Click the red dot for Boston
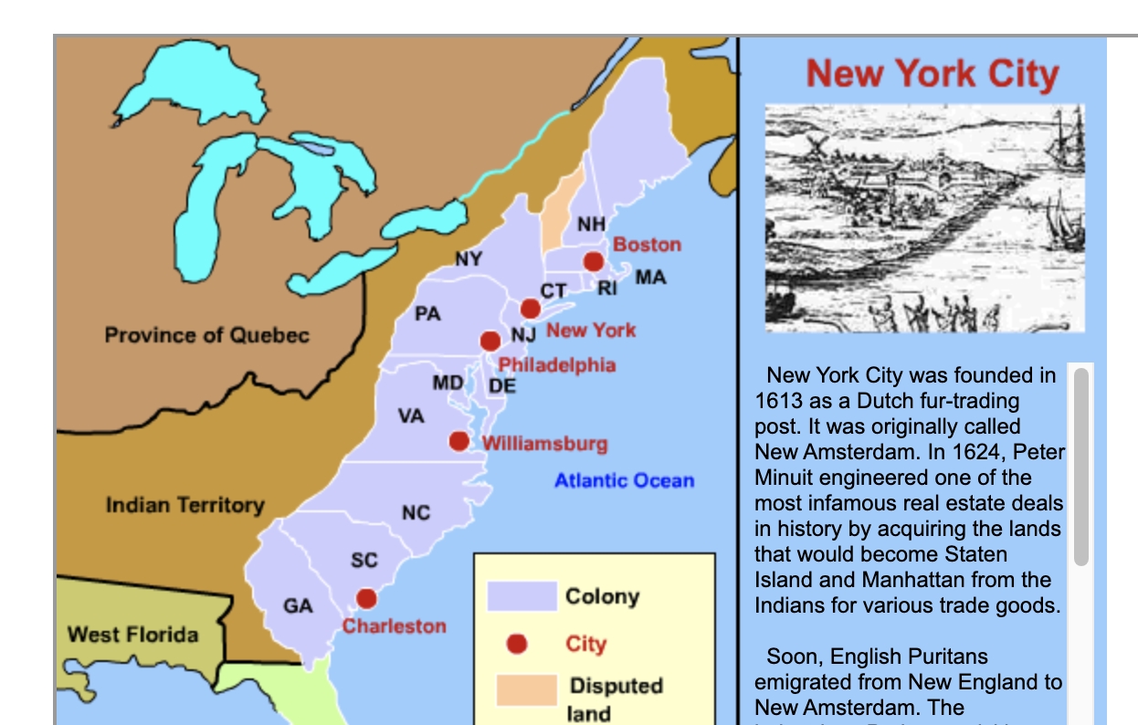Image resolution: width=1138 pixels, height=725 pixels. [x=594, y=262]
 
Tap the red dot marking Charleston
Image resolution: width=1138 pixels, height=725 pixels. [x=366, y=599]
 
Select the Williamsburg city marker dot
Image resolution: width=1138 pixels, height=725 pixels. [x=459, y=442]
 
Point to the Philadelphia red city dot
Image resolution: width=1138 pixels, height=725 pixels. [x=490, y=341]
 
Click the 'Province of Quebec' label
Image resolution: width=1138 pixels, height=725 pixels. [x=206, y=335]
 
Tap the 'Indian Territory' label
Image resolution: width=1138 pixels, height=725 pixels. [x=184, y=505]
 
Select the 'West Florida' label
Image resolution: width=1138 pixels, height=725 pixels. [x=132, y=634]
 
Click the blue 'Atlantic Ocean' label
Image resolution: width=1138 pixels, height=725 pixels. [x=624, y=480]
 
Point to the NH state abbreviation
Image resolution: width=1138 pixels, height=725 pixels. [x=591, y=224]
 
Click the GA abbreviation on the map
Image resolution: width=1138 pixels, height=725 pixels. [x=298, y=606]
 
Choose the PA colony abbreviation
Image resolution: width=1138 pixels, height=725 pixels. [x=427, y=314]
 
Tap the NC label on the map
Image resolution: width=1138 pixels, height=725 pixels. [x=416, y=513]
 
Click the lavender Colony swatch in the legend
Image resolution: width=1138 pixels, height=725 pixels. [x=522, y=595]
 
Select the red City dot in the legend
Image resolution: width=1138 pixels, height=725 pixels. [x=517, y=645]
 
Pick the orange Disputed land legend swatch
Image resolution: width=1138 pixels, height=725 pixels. [x=526, y=690]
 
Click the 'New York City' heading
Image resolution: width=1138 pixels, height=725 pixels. [x=932, y=73]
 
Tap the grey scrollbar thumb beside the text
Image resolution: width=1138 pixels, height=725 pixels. [x=1081, y=466]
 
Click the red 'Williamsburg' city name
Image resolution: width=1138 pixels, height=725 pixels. [x=544, y=444]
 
